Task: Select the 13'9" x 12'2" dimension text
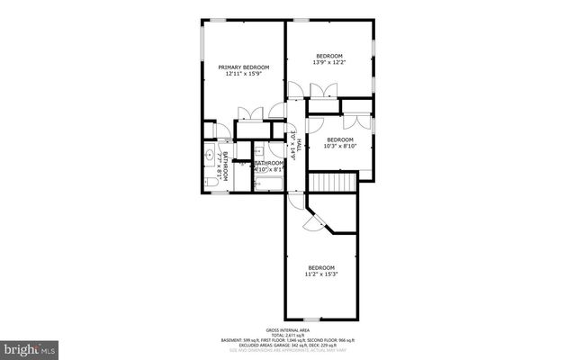coord(328,63)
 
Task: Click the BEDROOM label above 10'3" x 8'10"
coord(338,139)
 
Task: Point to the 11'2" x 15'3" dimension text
coord(321,274)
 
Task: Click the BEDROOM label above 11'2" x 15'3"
coord(321,267)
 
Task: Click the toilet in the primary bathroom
coord(210,182)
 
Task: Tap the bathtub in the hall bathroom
coord(268,184)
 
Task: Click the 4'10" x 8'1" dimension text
coord(269,169)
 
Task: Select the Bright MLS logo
coord(30,346)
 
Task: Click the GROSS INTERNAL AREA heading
coord(287,330)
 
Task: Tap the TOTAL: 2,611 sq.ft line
coord(287,336)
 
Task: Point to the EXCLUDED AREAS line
coord(287,346)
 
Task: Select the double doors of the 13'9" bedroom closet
coord(320,90)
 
